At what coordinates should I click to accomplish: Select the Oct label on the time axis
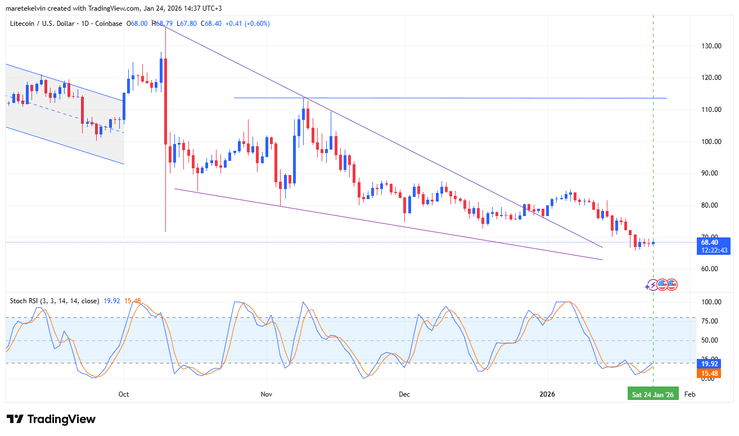(124, 394)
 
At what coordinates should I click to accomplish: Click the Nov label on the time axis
(267, 394)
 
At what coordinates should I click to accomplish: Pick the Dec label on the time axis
(404, 394)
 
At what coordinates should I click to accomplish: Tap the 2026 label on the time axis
(547, 394)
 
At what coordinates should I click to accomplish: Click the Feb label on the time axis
(690, 394)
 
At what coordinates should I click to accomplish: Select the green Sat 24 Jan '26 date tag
(652, 394)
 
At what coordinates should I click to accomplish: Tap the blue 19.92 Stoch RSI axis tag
(709, 364)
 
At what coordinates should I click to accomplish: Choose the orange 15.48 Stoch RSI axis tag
(709, 374)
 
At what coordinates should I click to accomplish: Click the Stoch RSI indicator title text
(55, 301)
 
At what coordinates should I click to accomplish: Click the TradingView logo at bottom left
(51, 419)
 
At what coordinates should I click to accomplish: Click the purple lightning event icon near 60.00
(652, 285)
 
